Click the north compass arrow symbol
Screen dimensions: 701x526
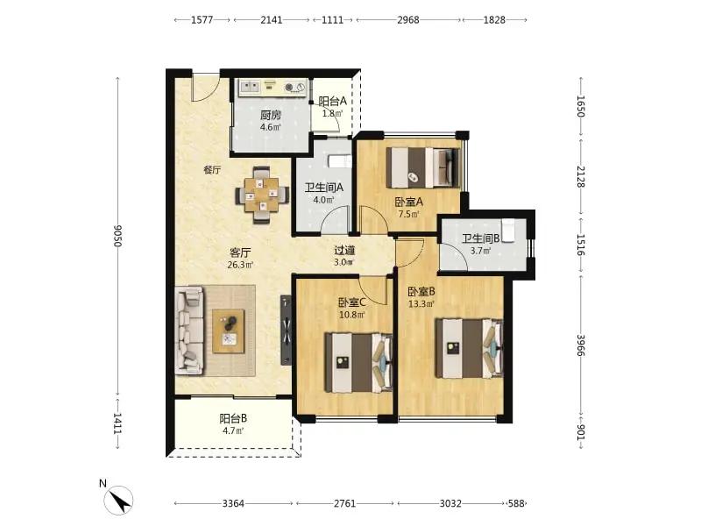click(119, 501)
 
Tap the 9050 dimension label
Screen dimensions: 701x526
click(117, 236)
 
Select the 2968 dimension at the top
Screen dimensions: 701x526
click(408, 19)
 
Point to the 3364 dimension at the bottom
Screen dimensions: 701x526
click(233, 503)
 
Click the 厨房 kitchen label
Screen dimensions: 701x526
click(271, 115)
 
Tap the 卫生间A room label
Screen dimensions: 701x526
click(323, 188)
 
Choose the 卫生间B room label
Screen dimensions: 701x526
click(480, 238)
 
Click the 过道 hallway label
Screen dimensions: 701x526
click(344, 251)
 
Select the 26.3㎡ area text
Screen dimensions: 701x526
click(240, 265)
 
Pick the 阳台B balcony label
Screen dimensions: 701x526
click(233, 419)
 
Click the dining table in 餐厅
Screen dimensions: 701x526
click(261, 195)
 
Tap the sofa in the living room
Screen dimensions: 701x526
click(189, 331)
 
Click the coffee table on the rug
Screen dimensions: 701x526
click(229, 331)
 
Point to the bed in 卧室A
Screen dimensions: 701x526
click(423, 167)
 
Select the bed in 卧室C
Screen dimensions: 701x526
click(358, 363)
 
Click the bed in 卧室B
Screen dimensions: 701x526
click(469, 348)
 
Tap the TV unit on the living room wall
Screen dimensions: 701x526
click(287, 331)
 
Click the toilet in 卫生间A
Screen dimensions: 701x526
click(340, 161)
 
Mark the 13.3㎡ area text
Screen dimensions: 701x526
click(421, 304)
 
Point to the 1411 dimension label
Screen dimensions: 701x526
click(117, 423)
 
